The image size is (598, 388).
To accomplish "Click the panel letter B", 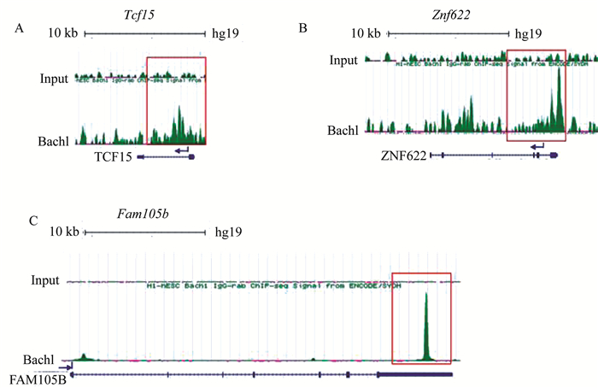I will [302, 29].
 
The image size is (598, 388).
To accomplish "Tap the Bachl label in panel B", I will [346, 130].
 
